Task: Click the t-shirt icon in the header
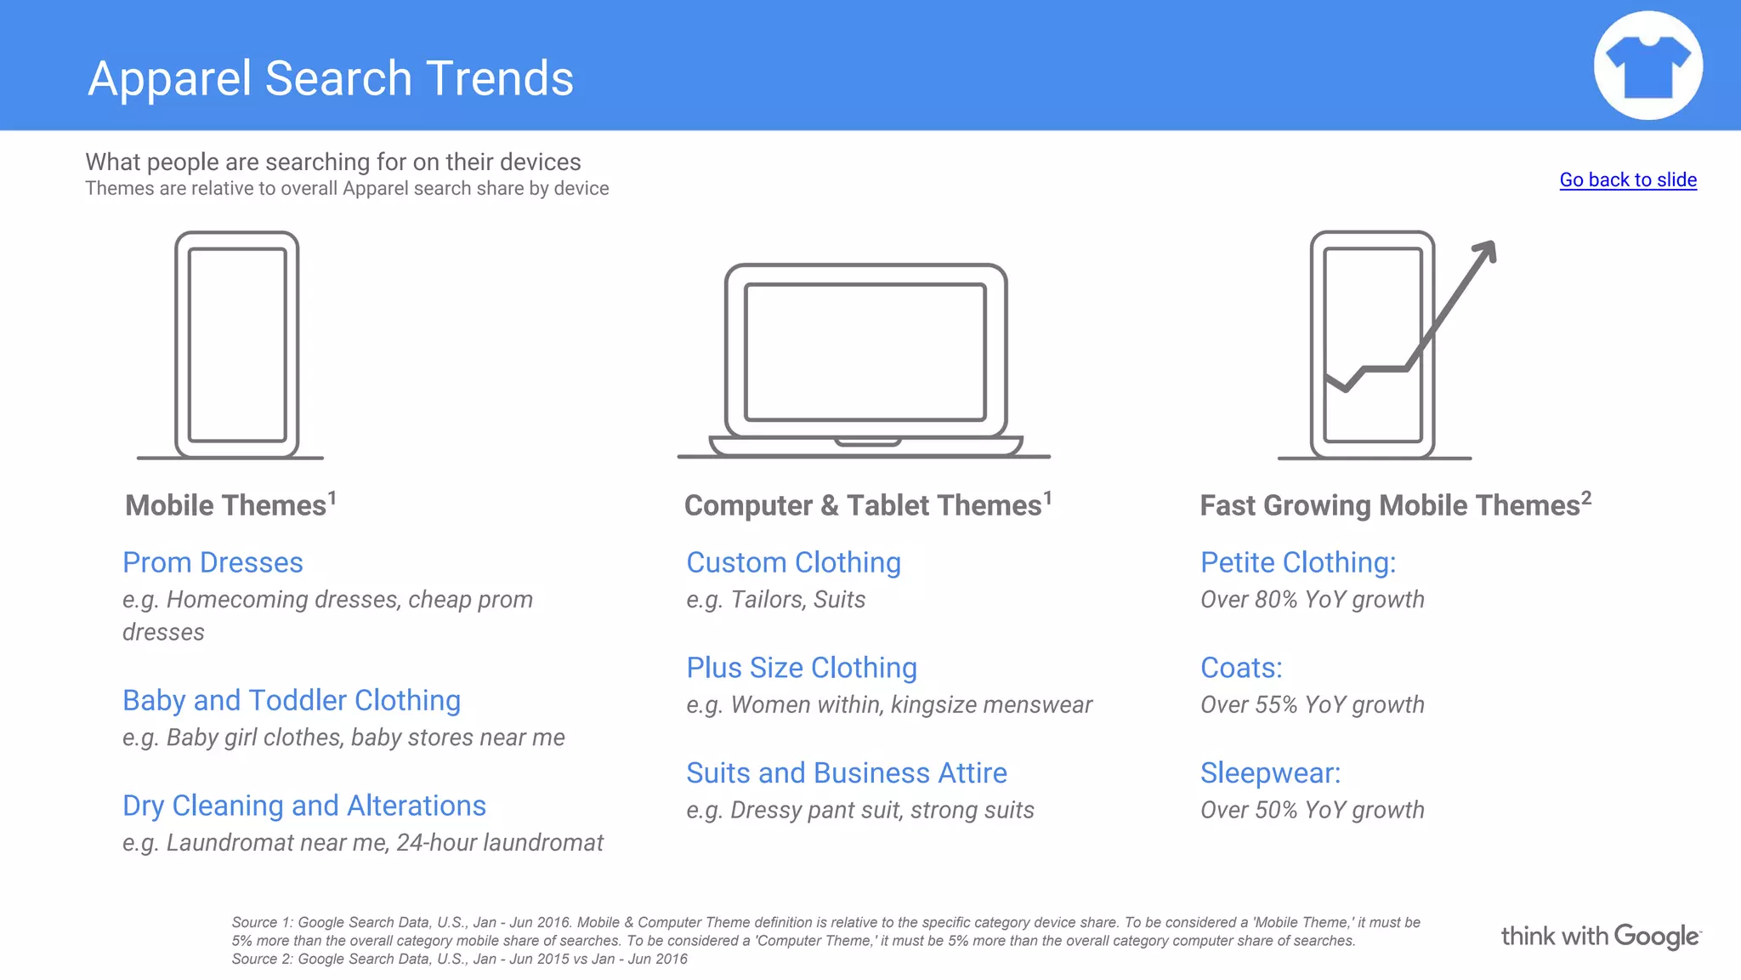coord(1647,66)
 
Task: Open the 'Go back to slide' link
coord(1628,179)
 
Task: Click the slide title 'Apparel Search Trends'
coord(331,78)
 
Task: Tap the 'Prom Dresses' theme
coord(213,562)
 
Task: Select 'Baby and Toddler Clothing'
coord(292,700)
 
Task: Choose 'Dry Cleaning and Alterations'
coord(304,806)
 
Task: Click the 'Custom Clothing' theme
coord(793,562)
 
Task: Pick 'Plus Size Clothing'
coord(802,668)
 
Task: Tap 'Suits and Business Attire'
coord(847,773)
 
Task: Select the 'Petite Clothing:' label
coord(1298,562)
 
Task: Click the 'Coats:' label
coord(1241,668)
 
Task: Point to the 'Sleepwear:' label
coord(1270,773)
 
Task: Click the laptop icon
coord(865,362)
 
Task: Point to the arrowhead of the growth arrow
coord(1486,250)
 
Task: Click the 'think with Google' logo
coord(1601,937)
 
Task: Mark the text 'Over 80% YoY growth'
coord(1312,600)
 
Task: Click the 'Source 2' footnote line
coord(459,960)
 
